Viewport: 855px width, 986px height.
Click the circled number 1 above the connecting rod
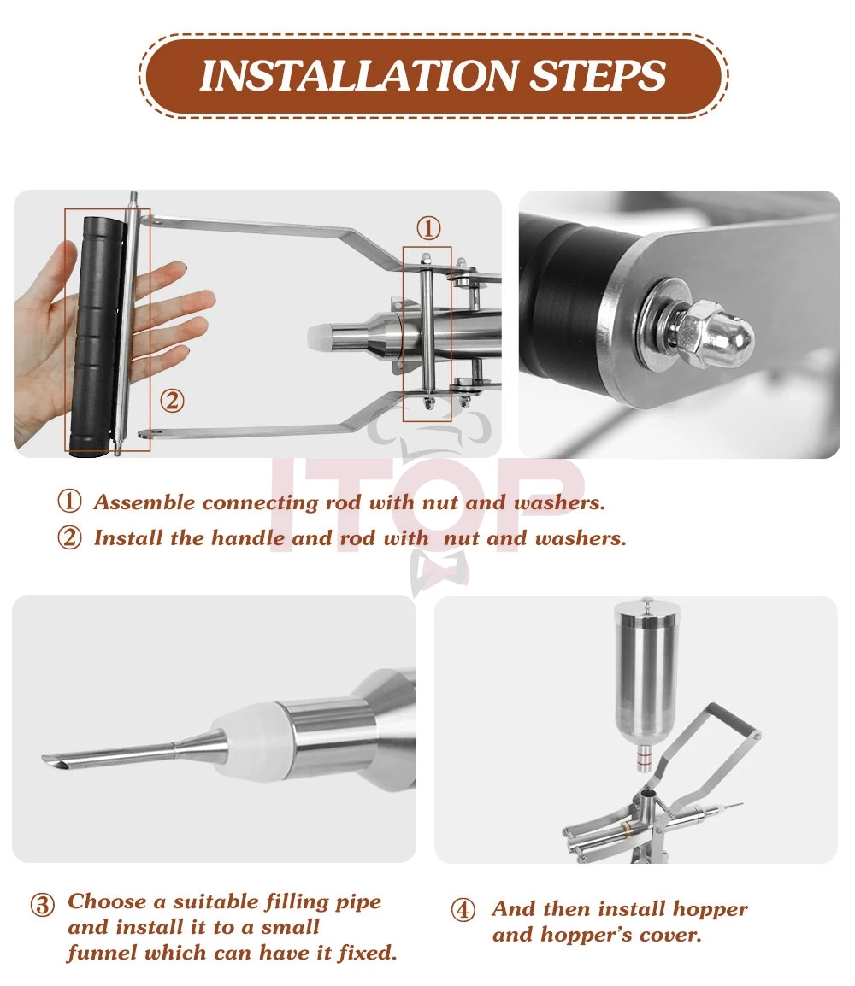(429, 227)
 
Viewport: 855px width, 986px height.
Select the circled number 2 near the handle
(172, 401)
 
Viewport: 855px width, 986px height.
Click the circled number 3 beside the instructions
(42, 905)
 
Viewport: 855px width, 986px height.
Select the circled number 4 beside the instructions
(463, 910)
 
